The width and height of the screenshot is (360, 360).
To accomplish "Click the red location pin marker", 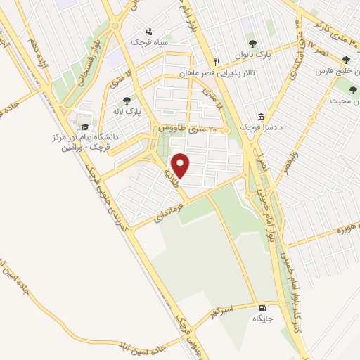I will pos(182,165).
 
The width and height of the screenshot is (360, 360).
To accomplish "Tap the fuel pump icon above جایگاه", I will pos(263,308).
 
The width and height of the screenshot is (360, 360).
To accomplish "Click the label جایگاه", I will pos(262,319).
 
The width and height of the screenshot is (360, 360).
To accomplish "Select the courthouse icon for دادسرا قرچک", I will pos(262,116).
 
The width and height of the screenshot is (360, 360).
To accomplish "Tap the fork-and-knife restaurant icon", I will pos(218,62).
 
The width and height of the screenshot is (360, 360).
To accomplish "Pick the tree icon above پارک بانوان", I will pos(253,44).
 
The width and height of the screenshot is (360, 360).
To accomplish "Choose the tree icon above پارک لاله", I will pos(127,101).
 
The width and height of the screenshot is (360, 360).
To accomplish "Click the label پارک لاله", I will pos(128,111).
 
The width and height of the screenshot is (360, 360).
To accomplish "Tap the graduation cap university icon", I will pos(85,127).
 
